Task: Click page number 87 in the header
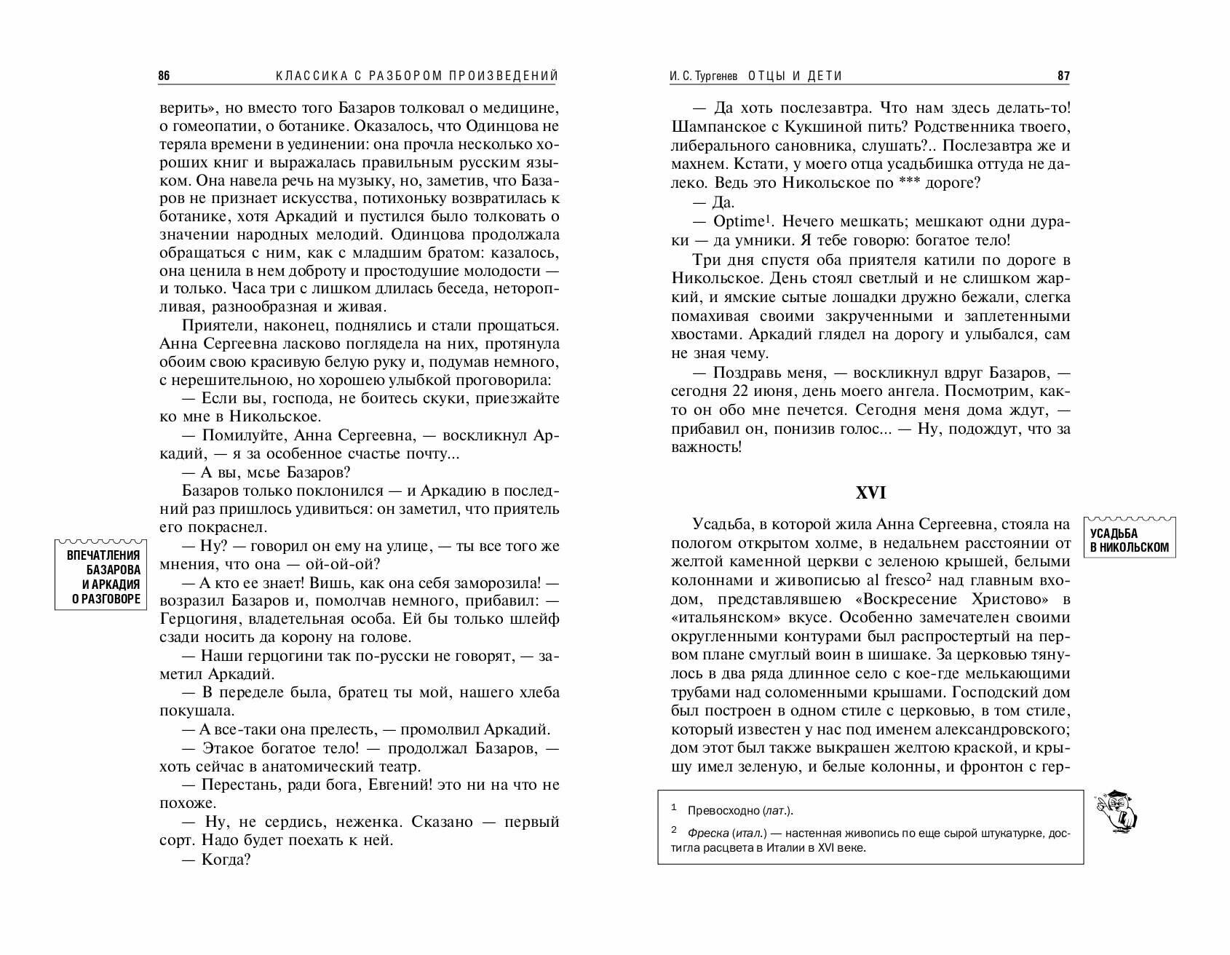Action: [1063, 76]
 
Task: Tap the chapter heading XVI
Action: [870, 493]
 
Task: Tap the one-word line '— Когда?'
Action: [215, 860]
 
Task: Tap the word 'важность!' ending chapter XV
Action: [706, 447]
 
